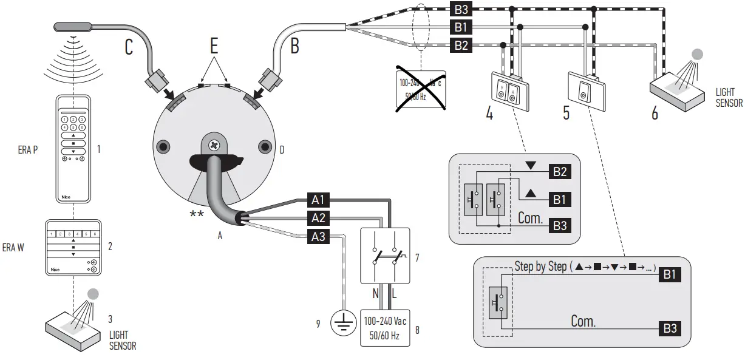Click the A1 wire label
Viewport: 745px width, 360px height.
pyautogui.click(x=320, y=200)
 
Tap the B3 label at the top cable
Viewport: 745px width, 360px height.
pyautogui.click(x=460, y=10)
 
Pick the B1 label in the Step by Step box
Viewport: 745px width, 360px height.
pyautogui.click(x=669, y=275)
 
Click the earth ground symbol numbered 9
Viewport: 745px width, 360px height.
pyautogui.click(x=343, y=323)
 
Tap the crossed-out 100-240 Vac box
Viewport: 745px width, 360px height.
pyautogui.click(x=418, y=89)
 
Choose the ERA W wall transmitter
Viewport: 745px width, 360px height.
pyautogui.click(x=73, y=247)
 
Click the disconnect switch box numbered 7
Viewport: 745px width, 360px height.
pyautogui.click(x=385, y=256)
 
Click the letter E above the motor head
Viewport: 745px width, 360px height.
pyautogui.click(x=214, y=46)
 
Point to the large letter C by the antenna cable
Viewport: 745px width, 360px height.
pyautogui.click(x=129, y=47)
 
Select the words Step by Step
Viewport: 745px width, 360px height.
pyautogui.click(x=540, y=267)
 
